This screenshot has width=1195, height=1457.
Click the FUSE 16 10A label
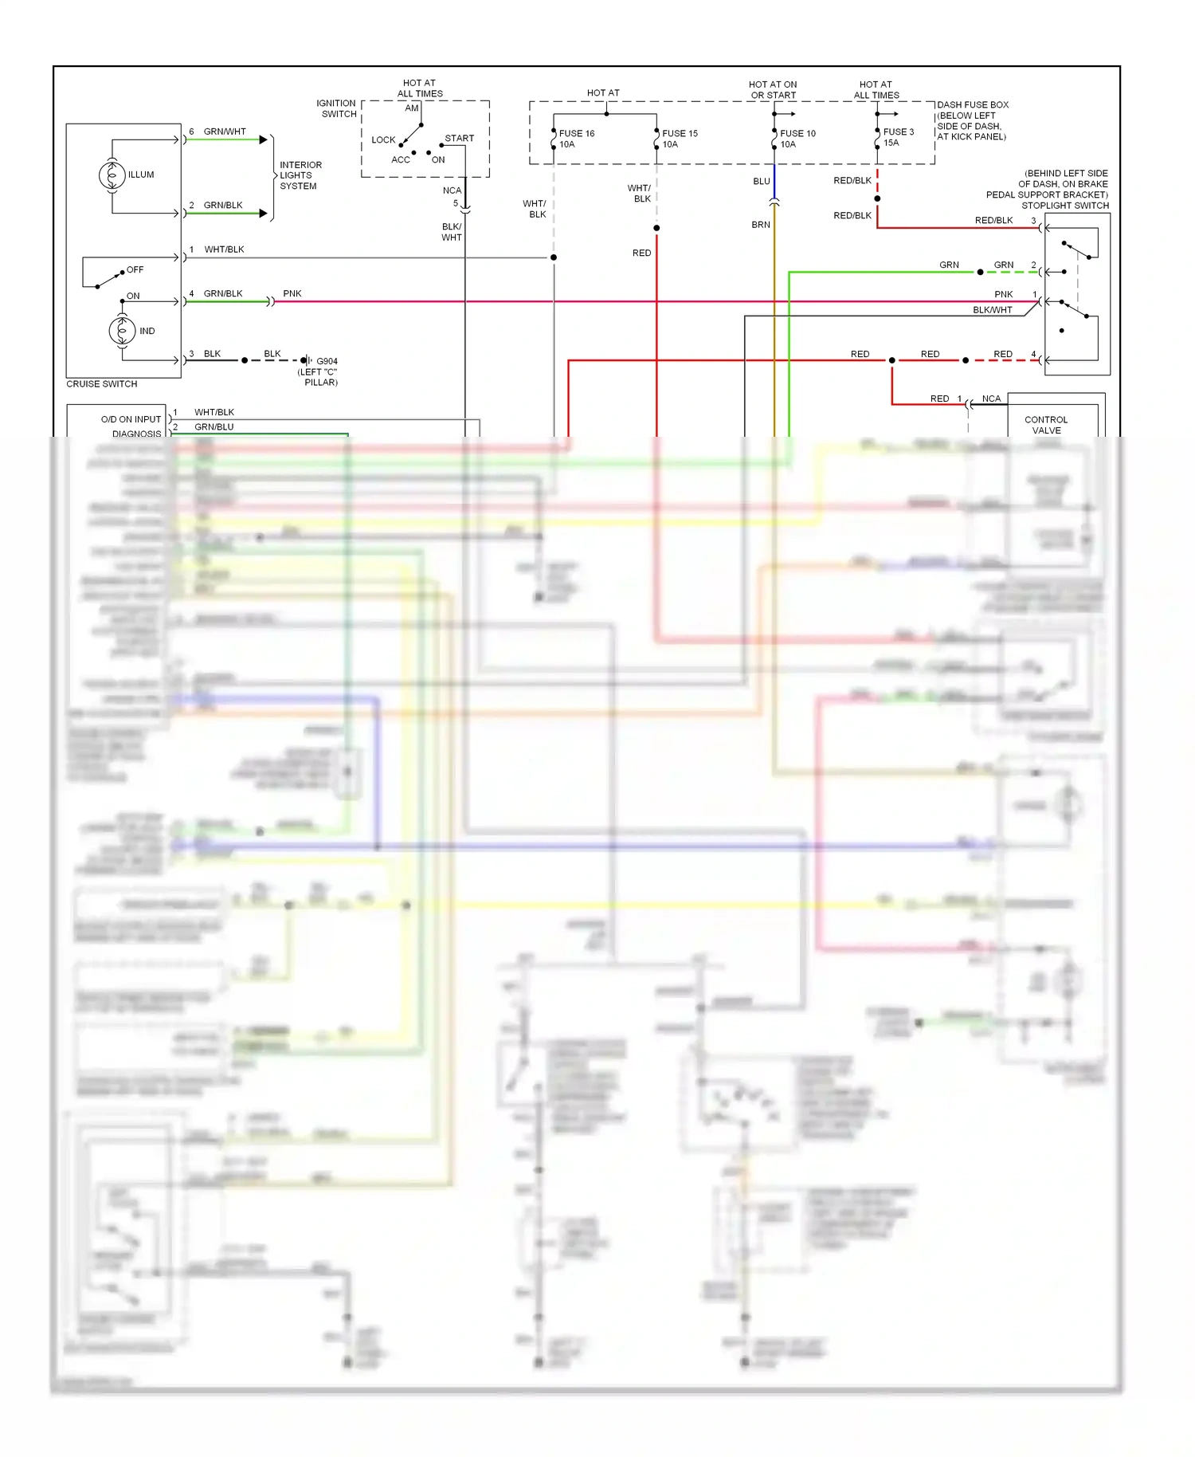tap(576, 139)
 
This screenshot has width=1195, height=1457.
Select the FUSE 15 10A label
tap(680, 139)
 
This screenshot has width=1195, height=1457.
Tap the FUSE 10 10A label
tap(797, 139)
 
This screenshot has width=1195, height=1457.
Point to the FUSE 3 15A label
tap(898, 137)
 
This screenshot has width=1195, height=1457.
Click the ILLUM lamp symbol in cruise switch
tap(112, 175)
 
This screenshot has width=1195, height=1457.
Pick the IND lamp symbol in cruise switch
tap(122, 330)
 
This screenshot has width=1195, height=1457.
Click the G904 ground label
tap(327, 361)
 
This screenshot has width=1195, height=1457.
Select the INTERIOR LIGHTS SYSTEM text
tap(300, 175)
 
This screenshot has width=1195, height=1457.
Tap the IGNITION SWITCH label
tap(336, 108)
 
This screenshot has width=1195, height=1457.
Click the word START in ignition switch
tap(459, 138)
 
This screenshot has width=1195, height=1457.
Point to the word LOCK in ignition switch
tap(383, 139)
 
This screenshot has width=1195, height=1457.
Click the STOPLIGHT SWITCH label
tap(1064, 206)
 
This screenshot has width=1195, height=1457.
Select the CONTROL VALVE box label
tap(1046, 425)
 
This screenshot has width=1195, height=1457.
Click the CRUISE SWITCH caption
tap(101, 384)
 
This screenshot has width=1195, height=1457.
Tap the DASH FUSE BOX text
tap(973, 104)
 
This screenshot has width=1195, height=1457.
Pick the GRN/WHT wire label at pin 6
tap(225, 132)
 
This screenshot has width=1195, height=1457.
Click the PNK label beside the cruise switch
tap(292, 293)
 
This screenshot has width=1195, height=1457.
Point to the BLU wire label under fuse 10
tap(762, 181)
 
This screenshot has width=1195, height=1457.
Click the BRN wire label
tap(761, 225)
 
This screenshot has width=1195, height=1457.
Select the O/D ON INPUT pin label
tap(131, 419)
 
